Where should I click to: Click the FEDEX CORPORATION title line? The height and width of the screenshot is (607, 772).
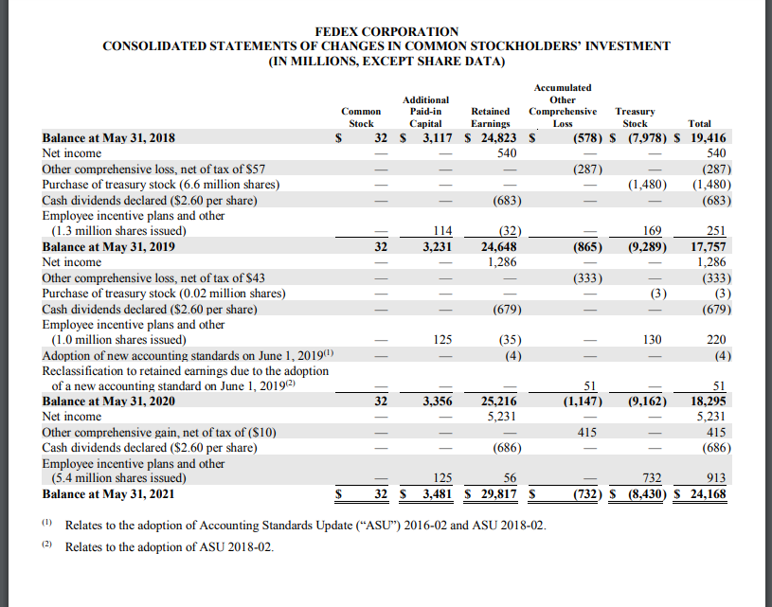[386, 31]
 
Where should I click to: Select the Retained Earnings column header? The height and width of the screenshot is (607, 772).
[491, 116]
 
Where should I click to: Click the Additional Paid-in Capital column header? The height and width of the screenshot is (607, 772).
[425, 111]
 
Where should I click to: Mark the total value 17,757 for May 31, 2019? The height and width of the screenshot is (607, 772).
[706, 246]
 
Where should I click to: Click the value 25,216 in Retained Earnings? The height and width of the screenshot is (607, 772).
[497, 401]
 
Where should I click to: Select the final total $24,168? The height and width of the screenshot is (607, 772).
[702, 492]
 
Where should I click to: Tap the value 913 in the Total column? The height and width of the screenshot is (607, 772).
[714, 478]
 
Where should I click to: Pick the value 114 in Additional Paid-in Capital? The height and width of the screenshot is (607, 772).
[439, 230]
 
